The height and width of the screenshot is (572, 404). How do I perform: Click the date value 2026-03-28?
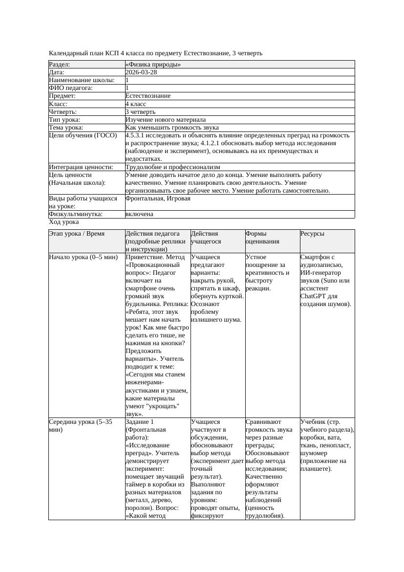141,72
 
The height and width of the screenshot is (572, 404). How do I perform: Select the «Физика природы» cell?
153,64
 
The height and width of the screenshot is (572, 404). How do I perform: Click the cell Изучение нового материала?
165,119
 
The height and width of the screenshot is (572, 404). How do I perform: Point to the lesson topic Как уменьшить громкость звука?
172,127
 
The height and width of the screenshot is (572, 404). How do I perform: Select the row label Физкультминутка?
75,214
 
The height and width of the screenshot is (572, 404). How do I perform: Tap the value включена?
139,214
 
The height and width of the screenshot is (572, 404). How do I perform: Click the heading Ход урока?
64,222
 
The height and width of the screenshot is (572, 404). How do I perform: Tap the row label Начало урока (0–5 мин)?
83,257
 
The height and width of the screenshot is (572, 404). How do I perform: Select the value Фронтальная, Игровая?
157,198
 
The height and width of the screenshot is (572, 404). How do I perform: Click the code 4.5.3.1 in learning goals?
137,135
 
